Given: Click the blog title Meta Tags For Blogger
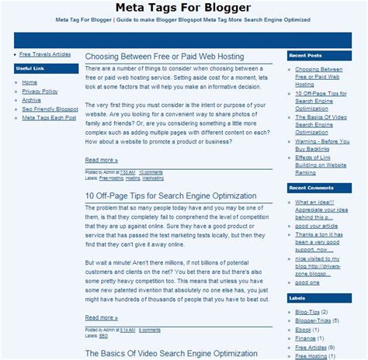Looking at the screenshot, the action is [x=183, y=9].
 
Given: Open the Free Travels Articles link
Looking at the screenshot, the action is [x=45, y=54].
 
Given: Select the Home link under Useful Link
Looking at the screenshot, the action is [x=30, y=81].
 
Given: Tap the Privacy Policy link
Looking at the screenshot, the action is [x=40, y=91].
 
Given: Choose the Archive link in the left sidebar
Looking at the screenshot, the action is [x=32, y=100].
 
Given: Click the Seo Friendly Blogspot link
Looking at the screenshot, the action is [x=50, y=109].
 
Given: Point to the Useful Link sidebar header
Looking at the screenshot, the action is [x=30, y=69].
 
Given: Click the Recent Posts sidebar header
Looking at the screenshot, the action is [x=304, y=56].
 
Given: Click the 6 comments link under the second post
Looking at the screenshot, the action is [x=150, y=329].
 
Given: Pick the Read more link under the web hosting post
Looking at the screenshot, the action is [x=102, y=160].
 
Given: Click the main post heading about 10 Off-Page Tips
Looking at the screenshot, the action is [x=171, y=196].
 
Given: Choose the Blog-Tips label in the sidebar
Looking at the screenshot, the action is [x=309, y=310].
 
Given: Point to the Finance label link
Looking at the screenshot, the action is [x=305, y=337].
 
